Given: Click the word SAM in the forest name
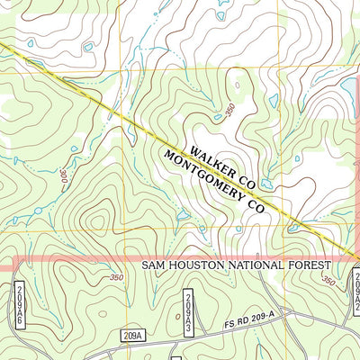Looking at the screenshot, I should point(156,266).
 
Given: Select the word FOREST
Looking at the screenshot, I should point(311,266).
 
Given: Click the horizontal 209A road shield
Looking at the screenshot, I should point(131,335).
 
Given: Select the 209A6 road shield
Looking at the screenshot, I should point(19,304).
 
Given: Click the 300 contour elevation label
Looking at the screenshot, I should point(64,178).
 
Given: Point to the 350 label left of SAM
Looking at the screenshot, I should point(115,277).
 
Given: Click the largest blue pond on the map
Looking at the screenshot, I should point(347,87).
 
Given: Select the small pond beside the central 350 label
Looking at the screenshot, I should point(218,116).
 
